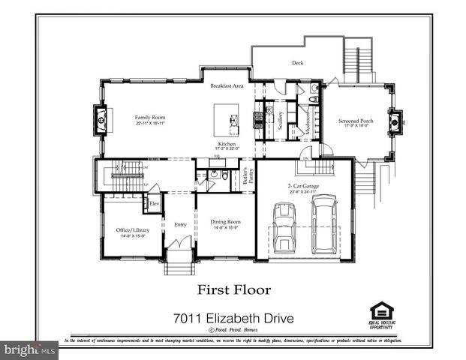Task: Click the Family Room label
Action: click(150, 118)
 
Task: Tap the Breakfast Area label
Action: click(227, 86)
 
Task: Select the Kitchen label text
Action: click(227, 143)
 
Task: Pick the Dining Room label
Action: click(225, 222)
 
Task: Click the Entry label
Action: click(180, 224)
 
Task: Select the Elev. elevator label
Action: click(154, 203)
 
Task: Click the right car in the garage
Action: click(324, 223)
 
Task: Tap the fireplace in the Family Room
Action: click(101, 118)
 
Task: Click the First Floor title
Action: click(233, 289)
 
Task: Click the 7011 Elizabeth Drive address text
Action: click(233, 318)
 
